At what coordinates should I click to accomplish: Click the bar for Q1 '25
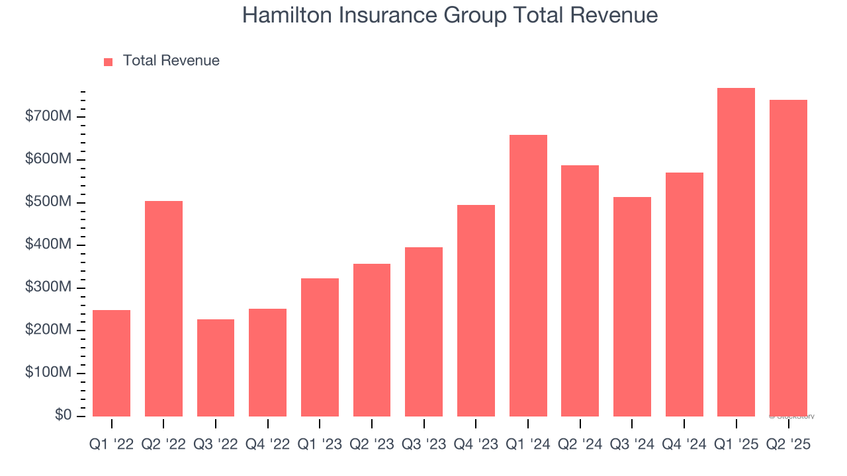pyautogui.click(x=736, y=252)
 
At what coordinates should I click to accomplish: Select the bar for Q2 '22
pyautogui.click(x=163, y=308)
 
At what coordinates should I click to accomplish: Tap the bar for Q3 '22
pyautogui.click(x=216, y=368)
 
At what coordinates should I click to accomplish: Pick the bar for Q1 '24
pyautogui.click(x=528, y=275)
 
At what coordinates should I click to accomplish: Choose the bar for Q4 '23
pyautogui.click(x=476, y=310)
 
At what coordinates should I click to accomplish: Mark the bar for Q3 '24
pyautogui.click(x=632, y=306)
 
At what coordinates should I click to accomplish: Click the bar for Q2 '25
pyautogui.click(x=788, y=258)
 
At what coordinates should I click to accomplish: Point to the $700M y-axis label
pyautogui.click(x=47, y=117)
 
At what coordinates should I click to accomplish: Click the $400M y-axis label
pyautogui.click(x=47, y=245)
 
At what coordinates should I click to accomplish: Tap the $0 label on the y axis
pyautogui.click(x=62, y=415)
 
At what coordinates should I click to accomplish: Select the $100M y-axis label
pyautogui.click(x=47, y=373)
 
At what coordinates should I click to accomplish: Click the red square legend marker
pyautogui.click(x=109, y=61)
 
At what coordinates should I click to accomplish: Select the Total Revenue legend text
pyautogui.click(x=171, y=61)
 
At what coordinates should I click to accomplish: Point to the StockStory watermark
pyautogui.click(x=791, y=416)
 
